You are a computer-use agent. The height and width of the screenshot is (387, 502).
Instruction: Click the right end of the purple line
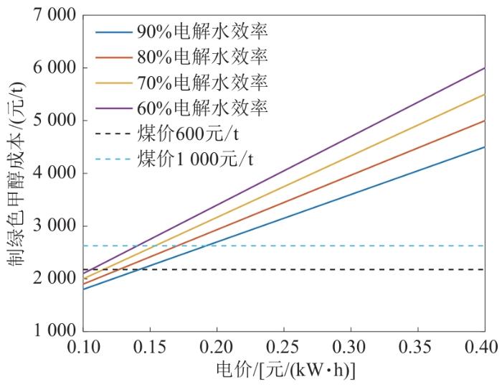485,68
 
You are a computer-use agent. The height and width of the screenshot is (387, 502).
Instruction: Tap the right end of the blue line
485,147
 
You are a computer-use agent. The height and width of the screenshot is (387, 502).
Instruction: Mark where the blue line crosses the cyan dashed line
207,246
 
